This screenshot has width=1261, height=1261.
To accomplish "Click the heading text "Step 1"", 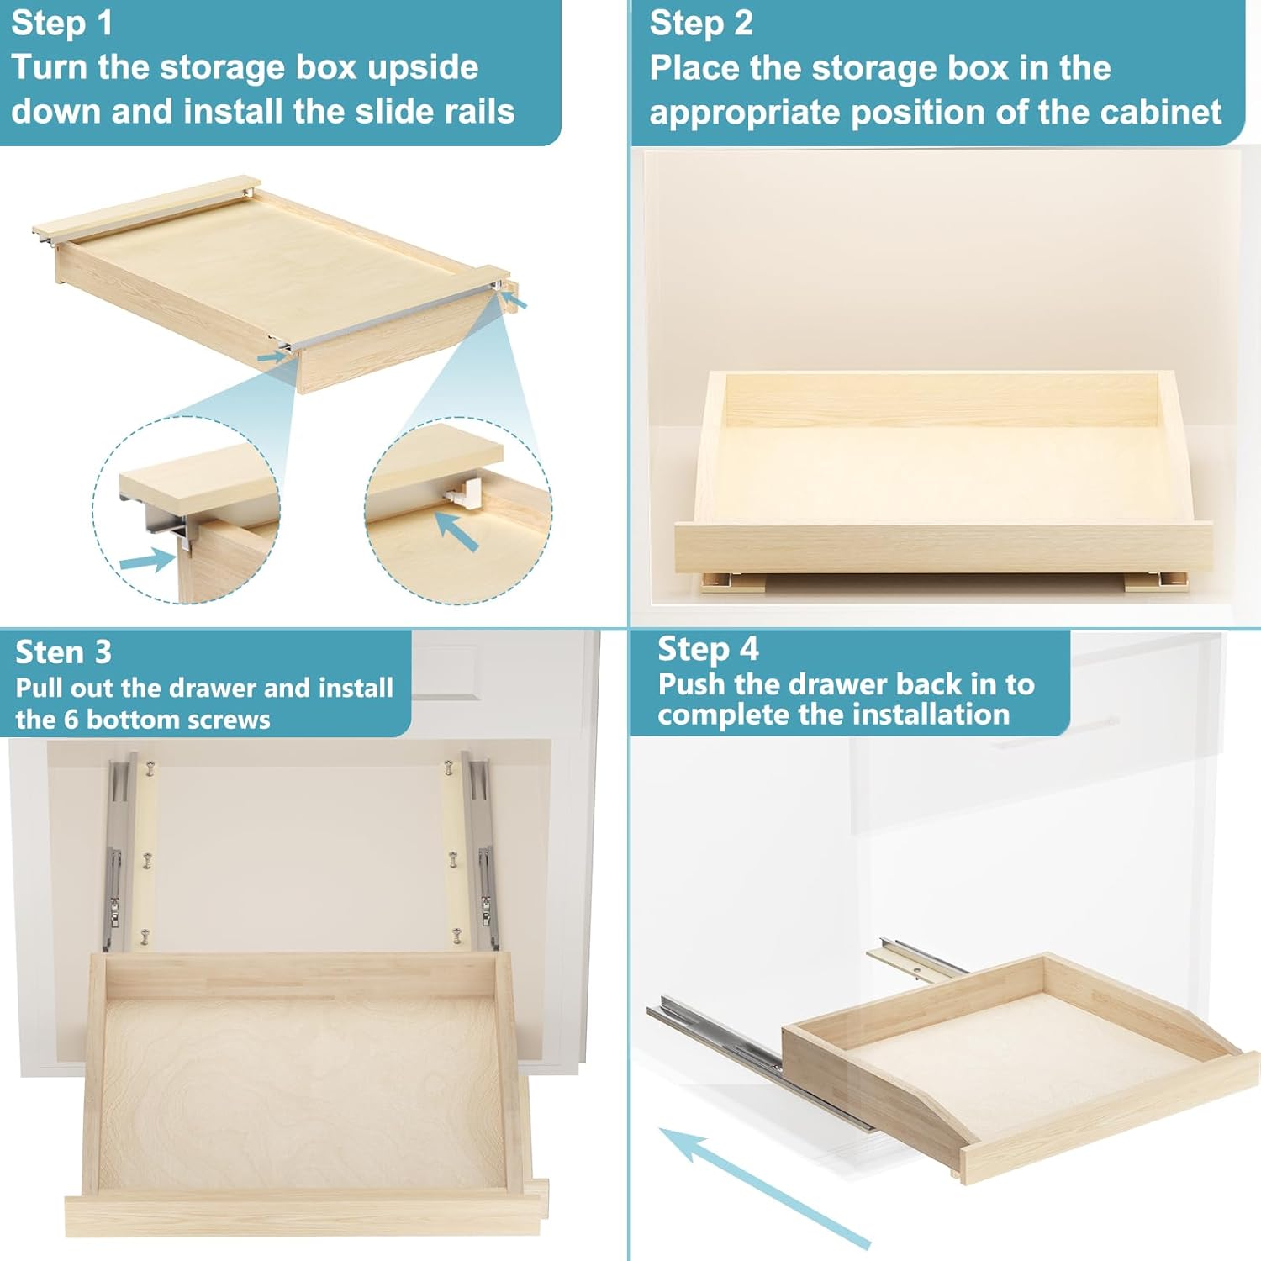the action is tap(61, 24).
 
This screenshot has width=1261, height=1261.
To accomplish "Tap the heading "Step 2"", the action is tap(701, 24).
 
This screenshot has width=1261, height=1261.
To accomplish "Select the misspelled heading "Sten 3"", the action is tap(63, 652).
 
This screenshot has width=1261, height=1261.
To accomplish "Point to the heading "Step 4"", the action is tap(708, 649).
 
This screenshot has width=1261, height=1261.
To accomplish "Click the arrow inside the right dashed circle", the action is tap(456, 531).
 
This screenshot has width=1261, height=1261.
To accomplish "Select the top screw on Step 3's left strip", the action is tap(150, 768).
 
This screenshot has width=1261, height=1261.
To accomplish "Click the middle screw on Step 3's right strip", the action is tap(453, 859).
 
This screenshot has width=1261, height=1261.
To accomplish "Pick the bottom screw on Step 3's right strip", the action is tap(457, 935).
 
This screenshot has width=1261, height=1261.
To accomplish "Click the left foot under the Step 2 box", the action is tap(734, 582).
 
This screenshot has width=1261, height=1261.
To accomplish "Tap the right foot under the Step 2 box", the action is tap(1156, 582).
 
